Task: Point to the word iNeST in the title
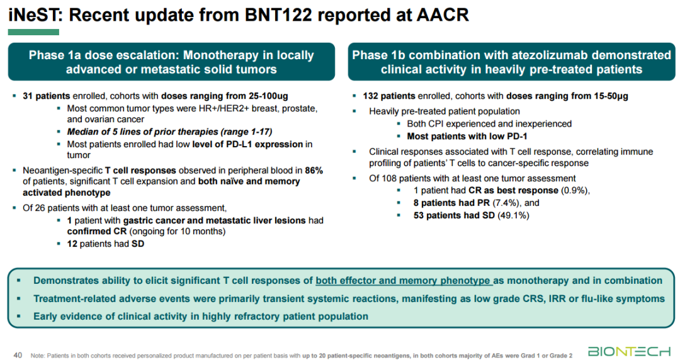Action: [x=32, y=14]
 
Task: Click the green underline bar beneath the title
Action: [x=34, y=32]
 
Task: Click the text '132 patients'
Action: [x=389, y=96]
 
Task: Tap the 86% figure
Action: [x=314, y=171]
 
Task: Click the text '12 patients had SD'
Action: [x=105, y=243]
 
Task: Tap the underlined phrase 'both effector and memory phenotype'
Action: [x=403, y=281]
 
